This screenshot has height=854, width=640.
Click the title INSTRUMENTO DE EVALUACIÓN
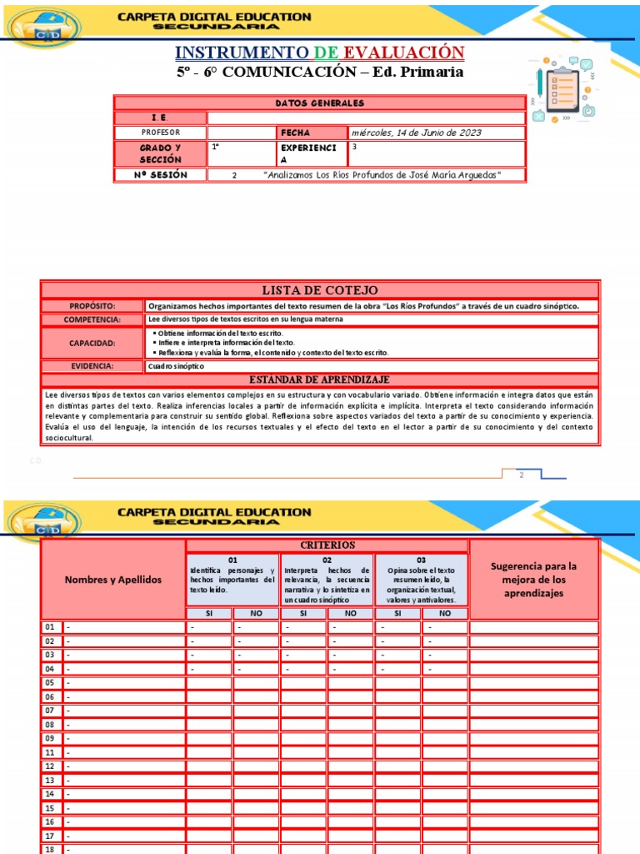pos(320,53)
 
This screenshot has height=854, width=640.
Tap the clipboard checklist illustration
pos(563,90)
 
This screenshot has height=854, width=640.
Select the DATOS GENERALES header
pos(319,103)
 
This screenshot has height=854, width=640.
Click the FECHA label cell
pos(311,133)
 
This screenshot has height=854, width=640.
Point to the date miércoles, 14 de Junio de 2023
pos(417,133)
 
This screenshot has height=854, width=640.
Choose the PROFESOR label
pos(160,133)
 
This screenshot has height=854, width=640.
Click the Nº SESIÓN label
pos(160,175)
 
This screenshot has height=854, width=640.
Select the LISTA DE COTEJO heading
pos(319,289)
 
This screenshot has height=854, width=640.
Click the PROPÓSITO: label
pos(92,306)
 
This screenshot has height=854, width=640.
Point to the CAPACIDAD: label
pos(92,343)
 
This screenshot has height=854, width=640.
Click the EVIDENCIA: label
pos(92,366)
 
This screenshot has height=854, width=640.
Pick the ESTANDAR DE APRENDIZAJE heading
pos(319,379)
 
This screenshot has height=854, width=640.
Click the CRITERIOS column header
pos(327,545)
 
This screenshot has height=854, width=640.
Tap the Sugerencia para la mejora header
pos(533,579)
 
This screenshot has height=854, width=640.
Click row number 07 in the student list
pos(50,711)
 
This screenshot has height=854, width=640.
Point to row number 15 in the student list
pos(50,808)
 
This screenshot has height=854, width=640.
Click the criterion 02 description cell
pos(327,580)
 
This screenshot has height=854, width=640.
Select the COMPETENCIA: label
pos(92,319)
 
